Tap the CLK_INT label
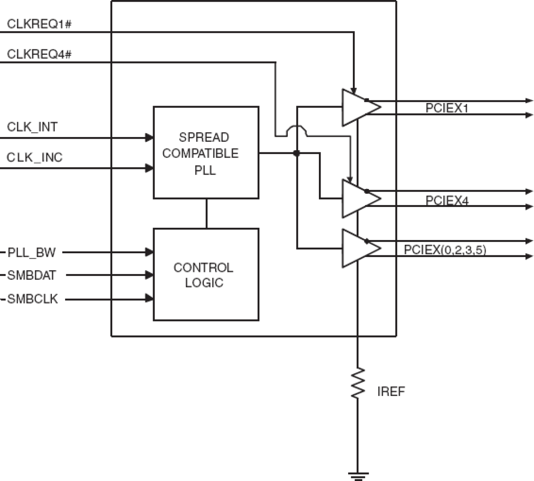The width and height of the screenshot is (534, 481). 32,127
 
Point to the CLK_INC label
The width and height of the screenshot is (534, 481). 34,157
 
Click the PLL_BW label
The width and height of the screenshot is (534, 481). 32,253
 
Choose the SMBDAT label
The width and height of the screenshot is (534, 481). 32,275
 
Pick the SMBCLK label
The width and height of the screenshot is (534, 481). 33,299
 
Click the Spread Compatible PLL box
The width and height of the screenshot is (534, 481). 206,153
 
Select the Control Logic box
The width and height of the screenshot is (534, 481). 206,275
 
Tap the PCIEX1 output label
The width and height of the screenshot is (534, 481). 446,108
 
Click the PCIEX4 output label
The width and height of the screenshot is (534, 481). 447,200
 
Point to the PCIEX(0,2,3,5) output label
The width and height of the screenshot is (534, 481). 445,249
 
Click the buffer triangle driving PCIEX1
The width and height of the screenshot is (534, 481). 359,108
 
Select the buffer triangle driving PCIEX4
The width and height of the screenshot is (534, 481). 359,198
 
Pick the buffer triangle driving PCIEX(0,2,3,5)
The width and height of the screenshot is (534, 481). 359,249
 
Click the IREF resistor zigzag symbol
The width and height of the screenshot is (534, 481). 358,383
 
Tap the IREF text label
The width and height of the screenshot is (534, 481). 391,391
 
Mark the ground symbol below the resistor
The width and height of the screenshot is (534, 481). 358,475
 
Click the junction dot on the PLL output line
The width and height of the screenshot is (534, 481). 297,153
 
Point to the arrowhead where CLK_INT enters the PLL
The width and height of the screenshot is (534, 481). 149,137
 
